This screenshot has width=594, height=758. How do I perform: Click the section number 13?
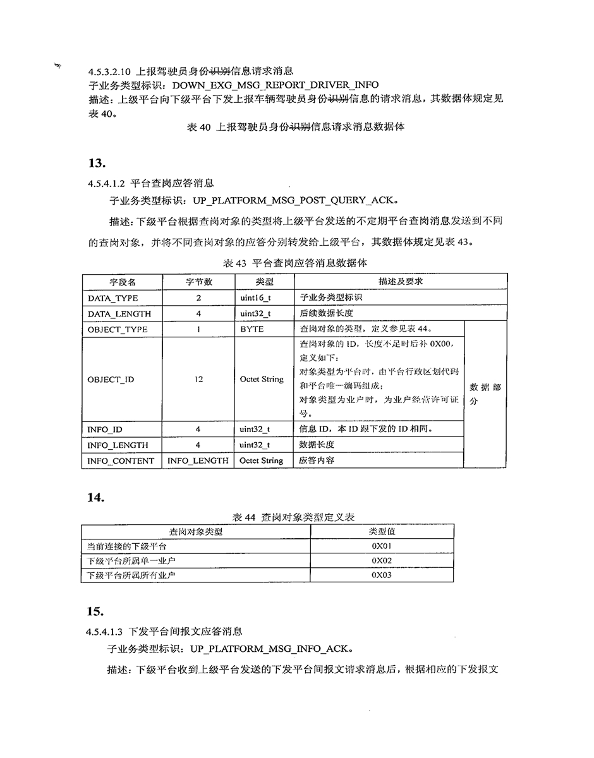(96, 164)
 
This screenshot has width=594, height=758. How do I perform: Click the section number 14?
(96, 498)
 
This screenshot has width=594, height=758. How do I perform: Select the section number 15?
(96, 611)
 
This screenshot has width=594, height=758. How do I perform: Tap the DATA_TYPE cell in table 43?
(113, 298)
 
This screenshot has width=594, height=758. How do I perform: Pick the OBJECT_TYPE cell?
(118, 329)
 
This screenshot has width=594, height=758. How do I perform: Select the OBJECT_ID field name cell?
(111, 380)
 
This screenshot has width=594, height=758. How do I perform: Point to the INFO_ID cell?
(105, 430)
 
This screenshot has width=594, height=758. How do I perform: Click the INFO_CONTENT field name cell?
(121, 460)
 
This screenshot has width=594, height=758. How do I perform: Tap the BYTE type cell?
(252, 329)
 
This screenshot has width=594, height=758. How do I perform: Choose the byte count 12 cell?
(198, 380)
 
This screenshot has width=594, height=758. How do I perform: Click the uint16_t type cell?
(255, 298)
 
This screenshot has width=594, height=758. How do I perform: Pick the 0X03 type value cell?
(382, 575)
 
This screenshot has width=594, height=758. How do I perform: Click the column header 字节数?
(198, 282)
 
